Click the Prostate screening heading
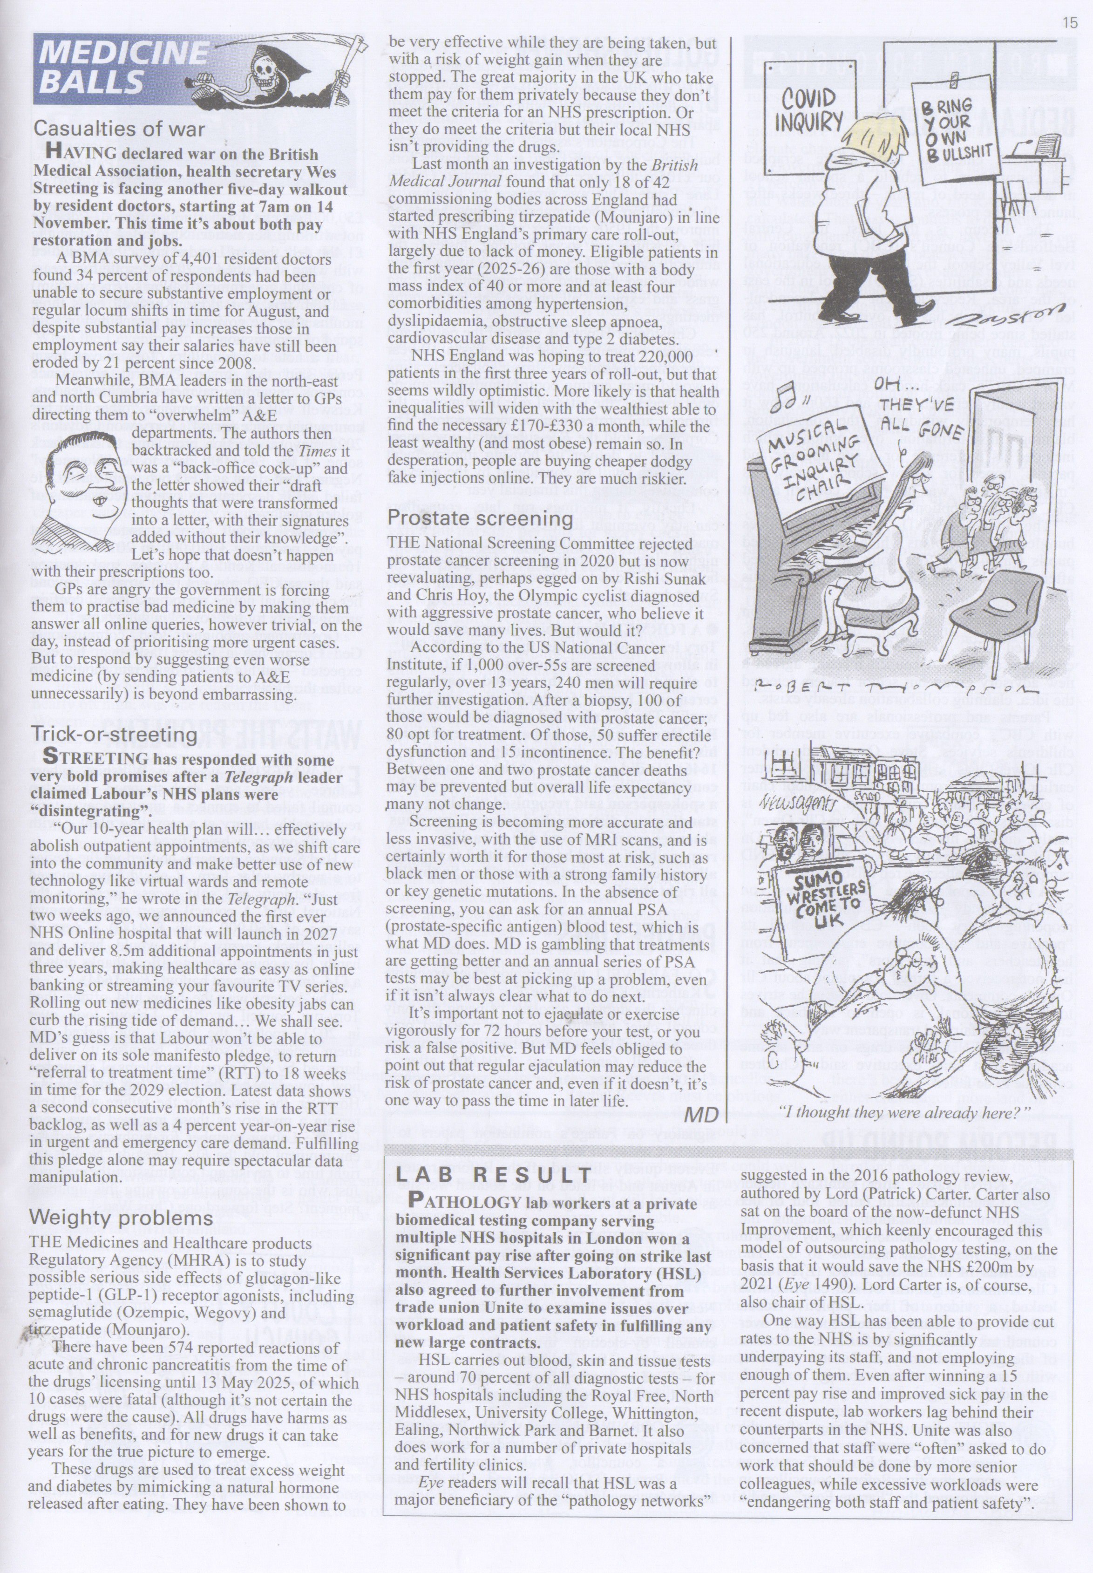pos(480,518)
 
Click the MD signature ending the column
pos(701,1114)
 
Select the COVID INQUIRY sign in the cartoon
pos(809,109)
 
